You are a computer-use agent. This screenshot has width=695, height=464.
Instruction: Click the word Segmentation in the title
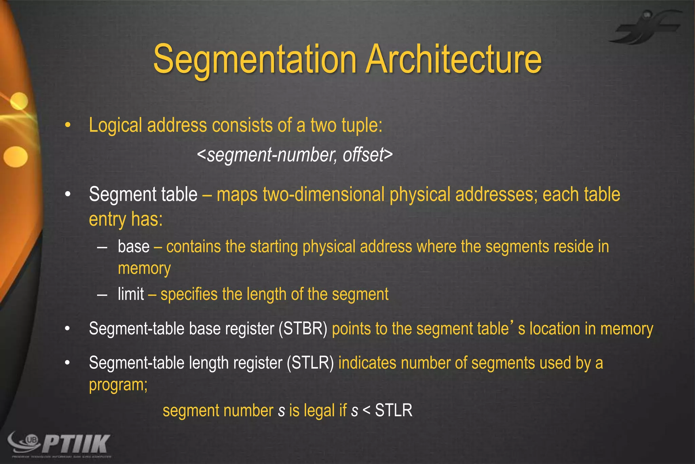[255, 59]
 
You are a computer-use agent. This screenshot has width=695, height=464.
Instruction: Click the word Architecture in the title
[454, 59]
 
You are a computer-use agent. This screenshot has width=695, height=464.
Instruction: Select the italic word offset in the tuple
[363, 155]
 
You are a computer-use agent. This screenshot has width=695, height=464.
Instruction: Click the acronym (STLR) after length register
[310, 363]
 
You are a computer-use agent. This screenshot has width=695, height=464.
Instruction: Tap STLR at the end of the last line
[394, 410]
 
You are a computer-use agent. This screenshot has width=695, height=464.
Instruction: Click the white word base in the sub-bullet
[133, 247]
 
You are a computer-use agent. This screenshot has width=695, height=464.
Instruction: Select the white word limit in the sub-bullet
[131, 294]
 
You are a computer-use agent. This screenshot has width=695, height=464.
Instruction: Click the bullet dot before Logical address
[68, 125]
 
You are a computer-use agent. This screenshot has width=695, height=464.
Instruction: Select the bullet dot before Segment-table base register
[68, 329]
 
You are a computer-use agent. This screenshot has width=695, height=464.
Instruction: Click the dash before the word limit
[102, 294]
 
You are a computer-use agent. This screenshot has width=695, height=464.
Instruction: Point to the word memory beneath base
[144, 269]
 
